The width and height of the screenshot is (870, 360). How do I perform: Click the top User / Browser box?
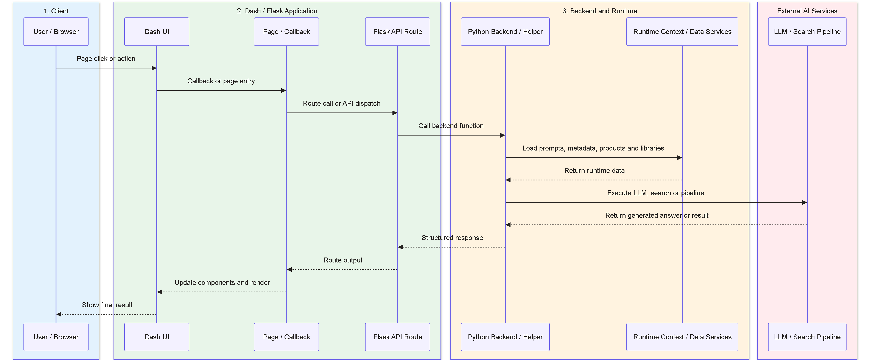(x=56, y=32)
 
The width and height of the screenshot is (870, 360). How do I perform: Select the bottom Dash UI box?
(x=157, y=337)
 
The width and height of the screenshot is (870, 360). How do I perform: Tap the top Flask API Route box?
(x=397, y=32)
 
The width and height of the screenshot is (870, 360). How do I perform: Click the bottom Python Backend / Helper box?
(x=505, y=337)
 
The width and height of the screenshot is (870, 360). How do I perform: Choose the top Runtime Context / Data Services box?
(x=682, y=32)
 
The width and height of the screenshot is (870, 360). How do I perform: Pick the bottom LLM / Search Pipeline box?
(x=807, y=337)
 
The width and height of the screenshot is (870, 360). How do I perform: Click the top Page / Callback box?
(x=286, y=32)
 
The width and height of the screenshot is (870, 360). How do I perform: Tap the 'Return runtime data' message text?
(x=595, y=171)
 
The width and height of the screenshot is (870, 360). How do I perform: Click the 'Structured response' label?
(x=452, y=238)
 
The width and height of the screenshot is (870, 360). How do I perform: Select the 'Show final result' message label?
(x=107, y=305)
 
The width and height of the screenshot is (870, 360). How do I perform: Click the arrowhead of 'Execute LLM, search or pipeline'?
(x=805, y=203)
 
